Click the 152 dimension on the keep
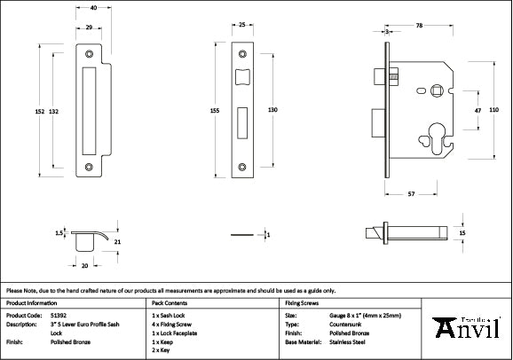(40, 111)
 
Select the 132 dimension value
(54, 111)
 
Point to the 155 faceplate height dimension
(215, 111)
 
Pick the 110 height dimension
(493, 108)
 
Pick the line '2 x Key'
(162, 349)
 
